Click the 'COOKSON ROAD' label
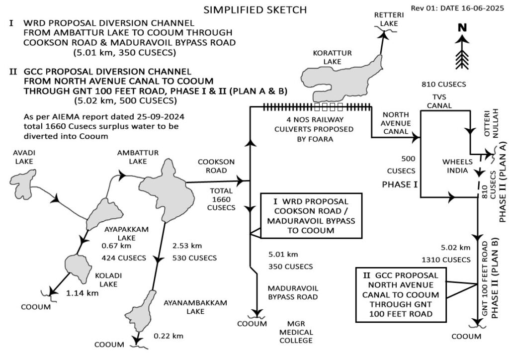213,166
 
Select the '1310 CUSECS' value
446,259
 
